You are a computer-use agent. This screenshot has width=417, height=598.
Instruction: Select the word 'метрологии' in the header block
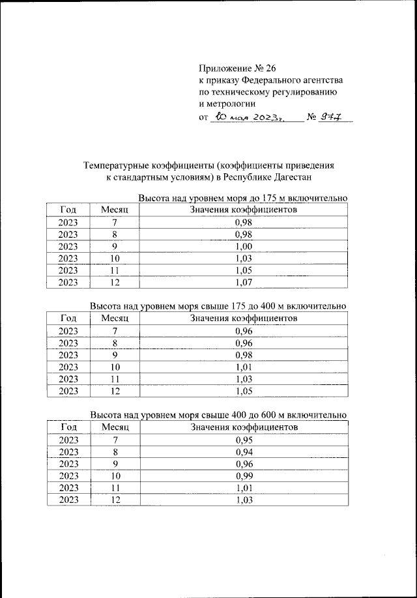click(227, 103)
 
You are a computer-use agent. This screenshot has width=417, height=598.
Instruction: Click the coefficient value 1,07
click(243, 283)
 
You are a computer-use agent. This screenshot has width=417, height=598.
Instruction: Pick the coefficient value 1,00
click(243, 246)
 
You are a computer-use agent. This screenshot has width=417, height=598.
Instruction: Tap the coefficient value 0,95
click(243, 439)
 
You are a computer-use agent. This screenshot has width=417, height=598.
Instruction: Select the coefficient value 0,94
click(243, 451)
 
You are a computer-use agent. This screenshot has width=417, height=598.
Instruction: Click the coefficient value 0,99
click(243, 476)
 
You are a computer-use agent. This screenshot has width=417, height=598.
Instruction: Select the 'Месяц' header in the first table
click(115, 210)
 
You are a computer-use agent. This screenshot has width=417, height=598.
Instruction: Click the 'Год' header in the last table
click(68, 427)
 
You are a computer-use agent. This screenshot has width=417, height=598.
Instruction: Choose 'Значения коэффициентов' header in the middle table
click(243, 318)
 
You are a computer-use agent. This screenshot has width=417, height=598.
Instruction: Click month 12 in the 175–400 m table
click(115, 392)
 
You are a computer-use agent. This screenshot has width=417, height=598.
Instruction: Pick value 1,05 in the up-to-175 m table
click(243, 270)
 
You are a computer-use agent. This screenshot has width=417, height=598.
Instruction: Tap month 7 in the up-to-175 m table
click(115, 222)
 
